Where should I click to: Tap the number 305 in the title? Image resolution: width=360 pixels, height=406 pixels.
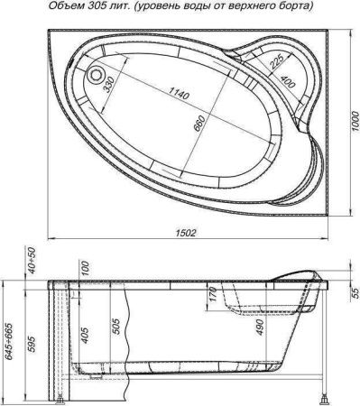(x=84, y=8)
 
